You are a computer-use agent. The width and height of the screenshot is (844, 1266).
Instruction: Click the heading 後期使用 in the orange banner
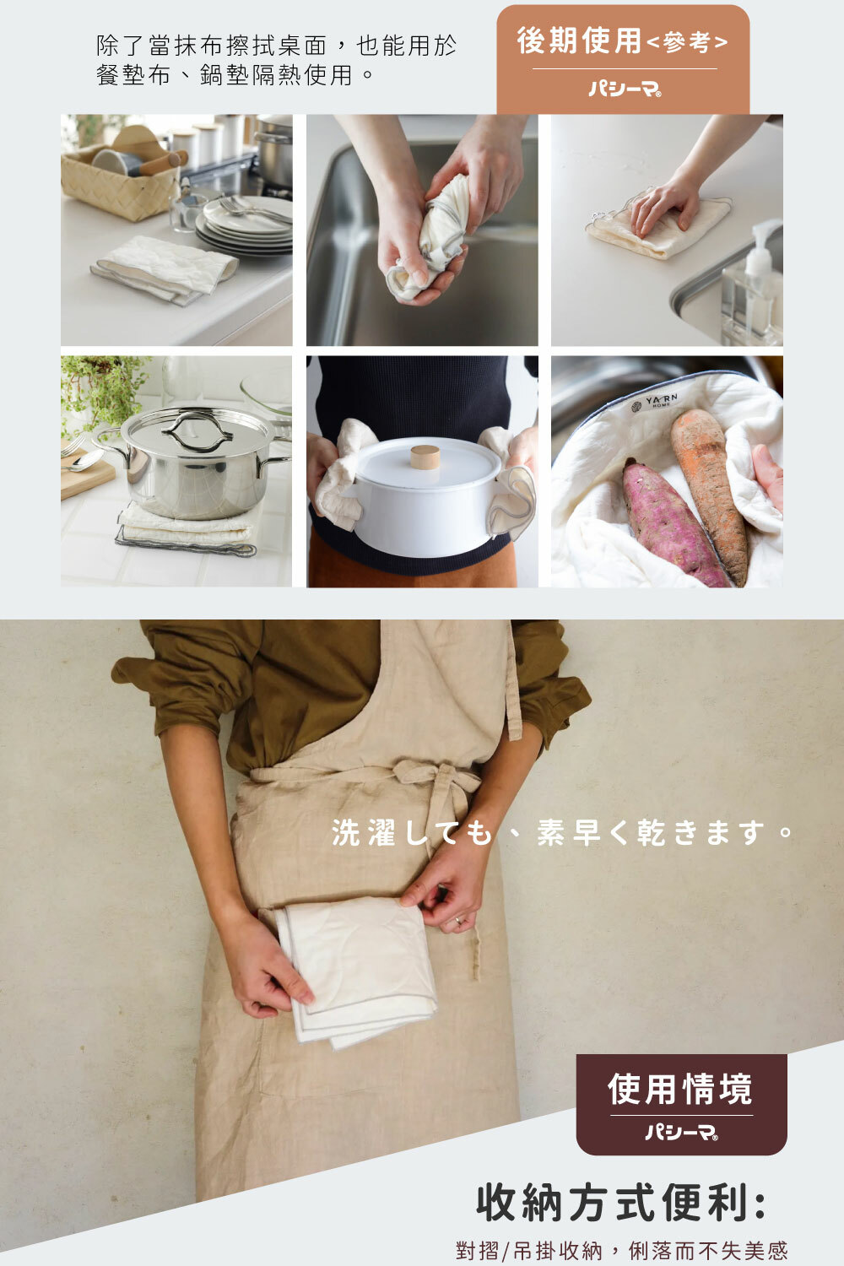[580, 41]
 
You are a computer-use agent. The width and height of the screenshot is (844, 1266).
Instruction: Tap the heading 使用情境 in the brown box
[680, 1089]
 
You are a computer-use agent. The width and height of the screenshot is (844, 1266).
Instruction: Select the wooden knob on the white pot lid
[425, 457]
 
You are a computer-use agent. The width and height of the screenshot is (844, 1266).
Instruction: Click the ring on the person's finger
[458, 920]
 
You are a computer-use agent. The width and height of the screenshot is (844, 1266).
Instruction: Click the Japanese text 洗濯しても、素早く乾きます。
[562, 833]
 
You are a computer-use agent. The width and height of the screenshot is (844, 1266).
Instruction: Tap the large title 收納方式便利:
[621, 1203]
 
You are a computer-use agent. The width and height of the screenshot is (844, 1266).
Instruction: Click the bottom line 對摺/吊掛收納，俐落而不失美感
[621, 1250]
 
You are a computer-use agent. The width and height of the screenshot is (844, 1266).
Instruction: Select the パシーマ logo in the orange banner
[625, 88]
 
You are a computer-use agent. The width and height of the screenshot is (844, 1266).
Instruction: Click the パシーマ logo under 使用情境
[681, 1133]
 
